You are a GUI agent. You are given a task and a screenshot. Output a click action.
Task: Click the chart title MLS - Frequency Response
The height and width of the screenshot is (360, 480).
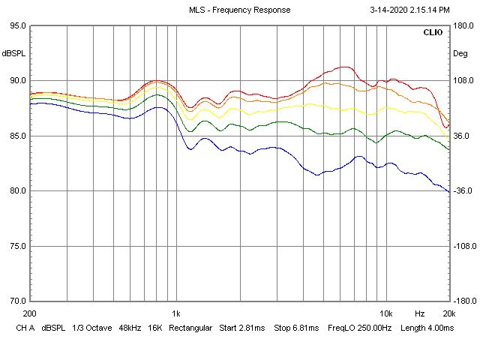(x=239, y=10)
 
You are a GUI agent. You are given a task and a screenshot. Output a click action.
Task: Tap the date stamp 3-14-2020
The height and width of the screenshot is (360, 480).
(x=391, y=10)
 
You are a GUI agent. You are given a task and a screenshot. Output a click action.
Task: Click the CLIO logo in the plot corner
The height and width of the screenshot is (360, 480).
(x=433, y=33)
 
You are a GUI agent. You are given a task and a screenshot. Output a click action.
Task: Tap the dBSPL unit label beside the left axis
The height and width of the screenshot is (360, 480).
(x=13, y=53)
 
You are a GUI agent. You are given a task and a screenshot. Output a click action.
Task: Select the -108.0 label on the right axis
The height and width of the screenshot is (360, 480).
(x=462, y=246)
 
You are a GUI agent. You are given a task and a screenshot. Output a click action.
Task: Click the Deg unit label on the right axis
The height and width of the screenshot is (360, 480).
(x=460, y=53)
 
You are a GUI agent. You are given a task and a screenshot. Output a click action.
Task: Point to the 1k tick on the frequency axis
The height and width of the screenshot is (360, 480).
(x=175, y=313)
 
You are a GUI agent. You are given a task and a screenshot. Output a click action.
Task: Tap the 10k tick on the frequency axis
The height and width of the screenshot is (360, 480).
(x=385, y=313)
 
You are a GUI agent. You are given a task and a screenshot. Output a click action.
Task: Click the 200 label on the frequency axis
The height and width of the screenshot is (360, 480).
(x=30, y=313)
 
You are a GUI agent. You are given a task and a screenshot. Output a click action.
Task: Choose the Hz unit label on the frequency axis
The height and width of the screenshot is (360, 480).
(x=420, y=313)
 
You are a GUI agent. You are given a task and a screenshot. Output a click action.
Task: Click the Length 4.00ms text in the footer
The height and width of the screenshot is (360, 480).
(x=428, y=328)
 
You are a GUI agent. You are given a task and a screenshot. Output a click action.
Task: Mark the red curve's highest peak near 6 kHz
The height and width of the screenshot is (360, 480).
(x=344, y=67)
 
